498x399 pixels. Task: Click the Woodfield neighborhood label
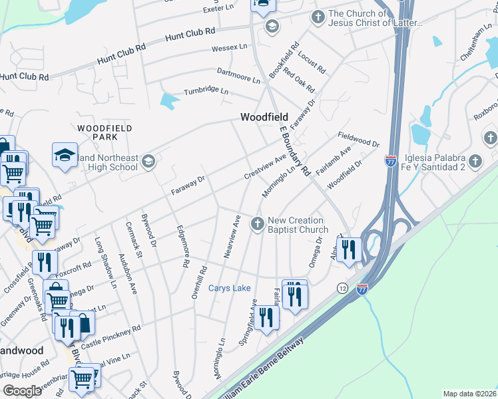click(264, 117)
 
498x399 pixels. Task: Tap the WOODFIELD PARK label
click(105, 132)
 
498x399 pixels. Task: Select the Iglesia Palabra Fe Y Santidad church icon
click(475, 161)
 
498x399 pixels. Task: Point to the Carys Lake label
click(230, 288)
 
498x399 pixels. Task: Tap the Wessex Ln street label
click(229, 48)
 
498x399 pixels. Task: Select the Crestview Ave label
click(265, 168)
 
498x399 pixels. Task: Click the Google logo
click(22, 391)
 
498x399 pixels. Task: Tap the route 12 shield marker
click(342, 287)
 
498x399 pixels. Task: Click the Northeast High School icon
click(148, 161)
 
